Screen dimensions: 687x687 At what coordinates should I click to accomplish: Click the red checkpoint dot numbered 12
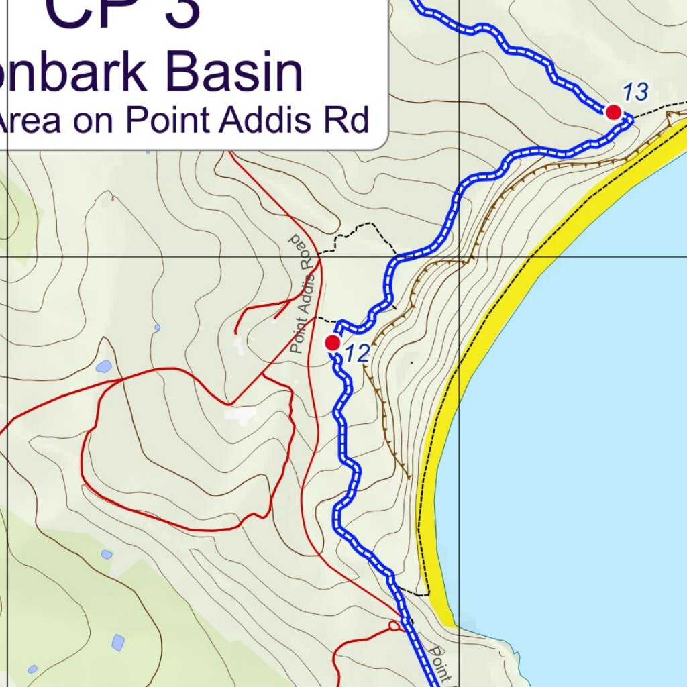click(332, 343)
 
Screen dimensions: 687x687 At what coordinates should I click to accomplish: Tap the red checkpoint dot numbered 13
click(613, 112)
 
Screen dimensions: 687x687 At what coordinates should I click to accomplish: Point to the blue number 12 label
click(358, 354)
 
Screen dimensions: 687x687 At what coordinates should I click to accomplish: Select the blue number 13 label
click(635, 92)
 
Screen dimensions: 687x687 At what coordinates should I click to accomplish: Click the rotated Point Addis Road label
click(303, 295)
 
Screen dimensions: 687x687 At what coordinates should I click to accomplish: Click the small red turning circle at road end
click(394, 626)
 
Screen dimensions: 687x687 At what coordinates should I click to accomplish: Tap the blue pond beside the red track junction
click(103, 367)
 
